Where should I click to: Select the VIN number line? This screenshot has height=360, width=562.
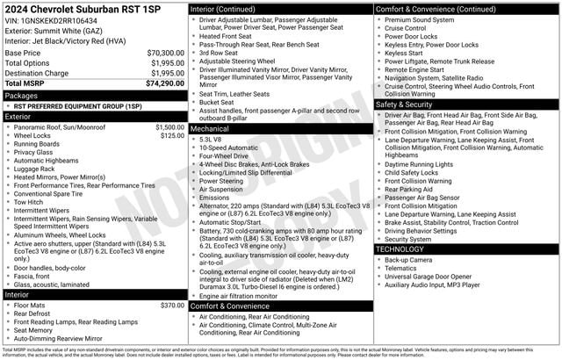(51, 19)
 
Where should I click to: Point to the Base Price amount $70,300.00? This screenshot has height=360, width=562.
(165, 53)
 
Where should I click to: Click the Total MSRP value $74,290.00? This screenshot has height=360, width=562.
(162, 83)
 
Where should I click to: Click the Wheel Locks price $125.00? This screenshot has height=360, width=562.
(173, 136)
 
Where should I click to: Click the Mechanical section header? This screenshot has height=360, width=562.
(209, 128)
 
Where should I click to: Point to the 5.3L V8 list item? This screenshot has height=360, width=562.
(210, 139)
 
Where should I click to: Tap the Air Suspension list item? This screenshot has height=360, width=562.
(222, 189)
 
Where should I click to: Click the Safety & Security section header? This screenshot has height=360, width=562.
(409, 104)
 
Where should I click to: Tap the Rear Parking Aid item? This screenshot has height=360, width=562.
(408, 189)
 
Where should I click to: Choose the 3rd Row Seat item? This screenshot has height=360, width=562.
(218, 53)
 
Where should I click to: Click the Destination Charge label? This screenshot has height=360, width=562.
(37, 73)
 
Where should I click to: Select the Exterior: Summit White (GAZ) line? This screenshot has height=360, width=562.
(54, 29)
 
